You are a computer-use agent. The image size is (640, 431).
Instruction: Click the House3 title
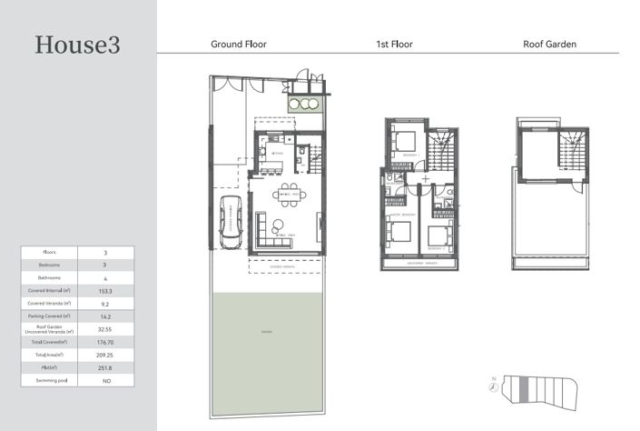[77, 45]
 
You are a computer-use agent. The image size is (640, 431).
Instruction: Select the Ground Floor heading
[238, 44]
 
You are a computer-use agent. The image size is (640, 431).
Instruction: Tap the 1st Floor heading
[395, 44]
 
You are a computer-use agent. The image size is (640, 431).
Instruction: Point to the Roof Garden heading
[549, 44]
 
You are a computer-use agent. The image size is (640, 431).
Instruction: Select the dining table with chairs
[290, 195]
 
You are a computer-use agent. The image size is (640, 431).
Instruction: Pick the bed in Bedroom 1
[404, 141]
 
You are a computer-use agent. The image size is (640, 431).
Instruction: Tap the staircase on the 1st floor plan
[443, 146]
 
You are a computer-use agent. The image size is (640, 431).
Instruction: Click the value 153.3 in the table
[105, 289]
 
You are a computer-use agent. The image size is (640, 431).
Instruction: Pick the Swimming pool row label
[50, 380]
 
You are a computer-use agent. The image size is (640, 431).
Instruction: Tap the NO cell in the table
[105, 380]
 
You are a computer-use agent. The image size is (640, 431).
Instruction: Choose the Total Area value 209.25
[105, 354]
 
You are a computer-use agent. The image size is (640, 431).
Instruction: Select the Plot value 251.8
[105, 367]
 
